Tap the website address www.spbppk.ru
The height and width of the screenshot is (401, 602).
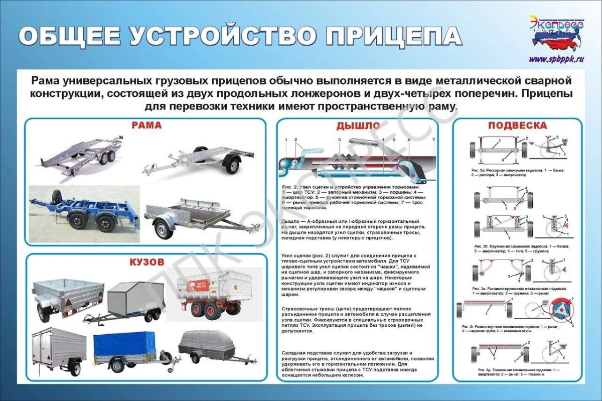557,59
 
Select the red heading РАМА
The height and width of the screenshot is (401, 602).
146,125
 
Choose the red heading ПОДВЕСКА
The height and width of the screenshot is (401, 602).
517,125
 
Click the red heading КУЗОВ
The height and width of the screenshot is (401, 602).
146,262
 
